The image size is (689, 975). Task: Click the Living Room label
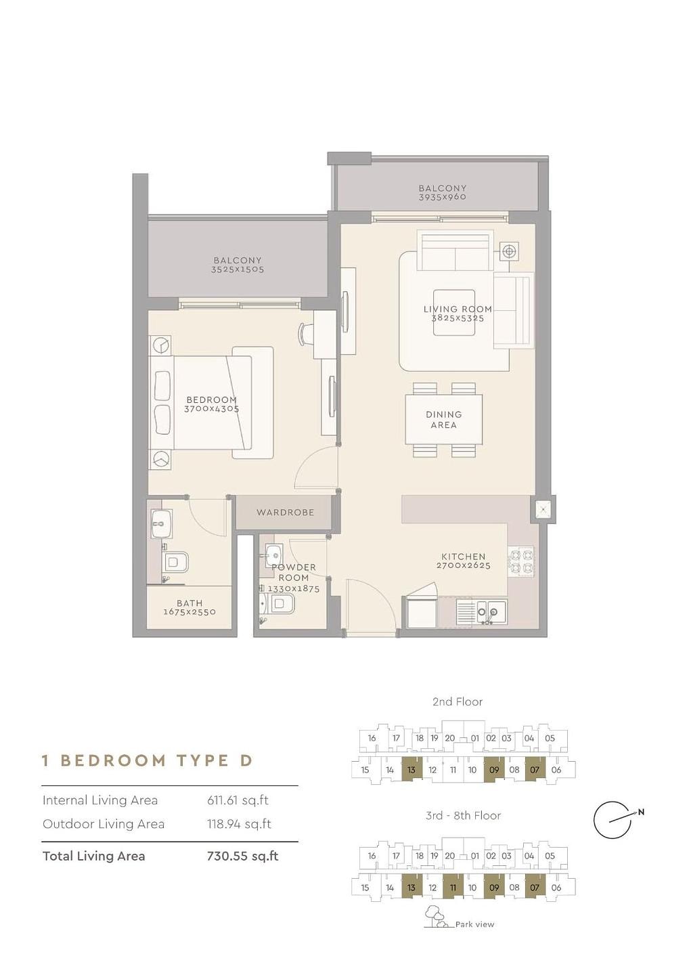pyautogui.click(x=458, y=309)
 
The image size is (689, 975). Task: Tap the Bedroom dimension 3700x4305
pyautogui.click(x=211, y=409)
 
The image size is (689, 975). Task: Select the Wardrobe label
pyautogui.click(x=286, y=513)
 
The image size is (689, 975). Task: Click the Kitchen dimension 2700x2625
pyautogui.click(x=463, y=566)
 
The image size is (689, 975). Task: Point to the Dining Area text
pyautogui.click(x=444, y=420)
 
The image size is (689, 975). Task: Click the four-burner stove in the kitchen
pyautogui.click(x=521, y=561)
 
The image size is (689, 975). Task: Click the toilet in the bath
pyautogui.click(x=175, y=562)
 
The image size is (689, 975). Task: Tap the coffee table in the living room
pyautogui.click(x=454, y=313)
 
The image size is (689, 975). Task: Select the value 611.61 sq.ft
pyautogui.click(x=238, y=800)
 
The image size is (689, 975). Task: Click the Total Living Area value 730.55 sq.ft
pyautogui.click(x=243, y=856)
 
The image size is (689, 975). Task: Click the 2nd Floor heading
pyautogui.click(x=457, y=701)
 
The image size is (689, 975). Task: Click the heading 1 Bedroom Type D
pyautogui.click(x=147, y=760)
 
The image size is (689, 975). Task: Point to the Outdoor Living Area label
pyautogui.click(x=104, y=825)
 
